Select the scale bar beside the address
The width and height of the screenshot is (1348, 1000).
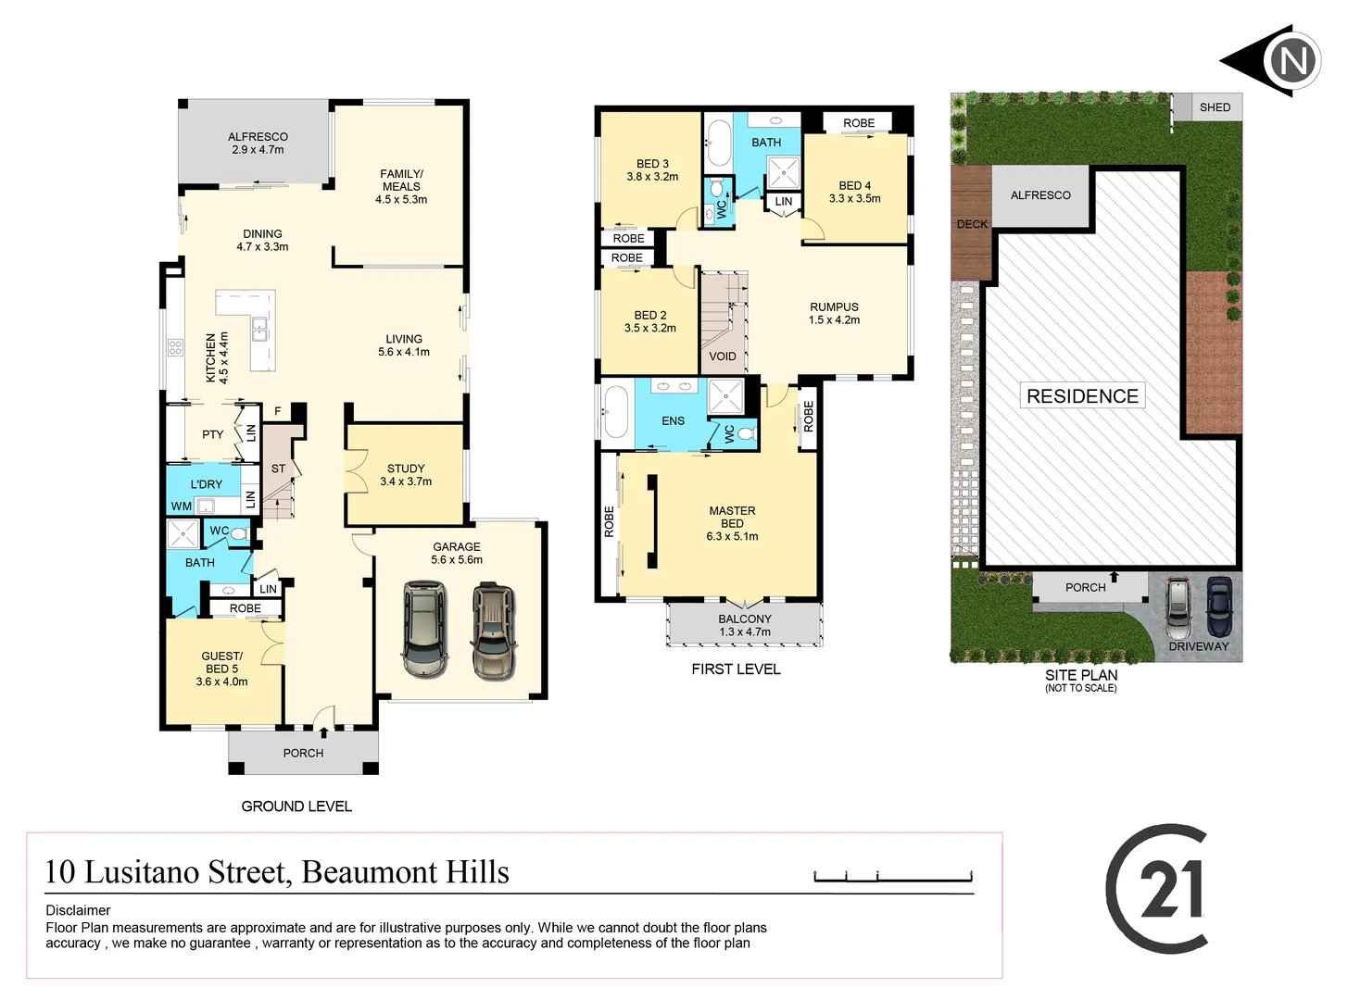pyautogui.click(x=892, y=876)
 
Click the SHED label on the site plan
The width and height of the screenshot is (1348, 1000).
pyautogui.click(x=1215, y=107)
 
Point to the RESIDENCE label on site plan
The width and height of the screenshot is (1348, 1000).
pyautogui.click(x=1082, y=396)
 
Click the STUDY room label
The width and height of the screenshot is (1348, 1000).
pyautogui.click(x=406, y=469)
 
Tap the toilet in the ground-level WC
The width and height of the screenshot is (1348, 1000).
pyautogui.click(x=239, y=533)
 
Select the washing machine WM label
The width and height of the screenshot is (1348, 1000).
pyautogui.click(x=182, y=506)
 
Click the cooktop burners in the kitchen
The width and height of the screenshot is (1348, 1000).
pyautogui.click(x=175, y=348)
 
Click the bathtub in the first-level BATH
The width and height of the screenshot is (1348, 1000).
pyautogui.click(x=718, y=142)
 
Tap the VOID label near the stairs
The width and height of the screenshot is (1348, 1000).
pyautogui.click(x=723, y=356)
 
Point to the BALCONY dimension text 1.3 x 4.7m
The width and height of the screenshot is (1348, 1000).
pyautogui.click(x=745, y=632)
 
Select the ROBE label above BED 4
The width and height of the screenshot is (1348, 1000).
pyautogui.click(x=859, y=123)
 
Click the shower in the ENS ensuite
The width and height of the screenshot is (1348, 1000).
pyautogui.click(x=725, y=397)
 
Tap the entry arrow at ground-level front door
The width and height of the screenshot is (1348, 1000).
pyautogui.click(x=323, y=732)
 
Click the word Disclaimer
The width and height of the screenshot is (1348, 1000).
pyautogui.click(x=78, y=910)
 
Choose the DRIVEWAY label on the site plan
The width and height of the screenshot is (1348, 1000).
pyautogui.click(x=1198, y=646)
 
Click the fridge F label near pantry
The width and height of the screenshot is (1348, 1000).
pyautogui.click(x=277, y=411)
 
